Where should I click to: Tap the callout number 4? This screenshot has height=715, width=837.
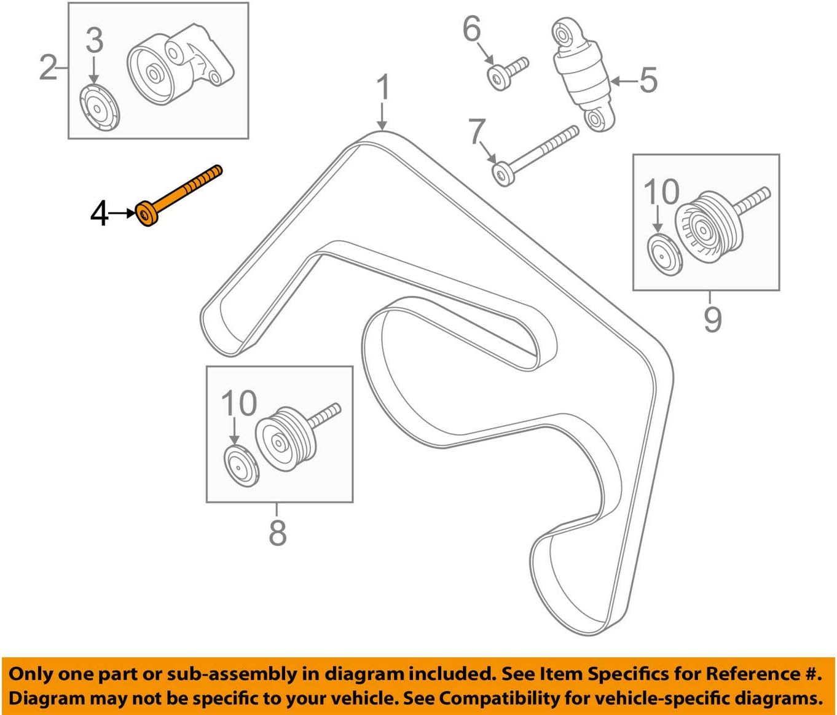point(100,214)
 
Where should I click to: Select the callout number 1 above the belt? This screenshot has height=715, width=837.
point(383,88)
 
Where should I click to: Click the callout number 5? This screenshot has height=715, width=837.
point(648,80)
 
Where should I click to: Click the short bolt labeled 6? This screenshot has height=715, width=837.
point(508,73)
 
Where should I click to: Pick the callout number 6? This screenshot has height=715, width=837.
point(472,29)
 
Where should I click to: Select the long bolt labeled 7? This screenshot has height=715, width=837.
point(535,154)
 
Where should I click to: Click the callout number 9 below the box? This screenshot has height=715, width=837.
point(712,319)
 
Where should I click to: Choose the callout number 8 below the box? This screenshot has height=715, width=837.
point(277,533)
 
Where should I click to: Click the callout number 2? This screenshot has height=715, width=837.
point(48,67)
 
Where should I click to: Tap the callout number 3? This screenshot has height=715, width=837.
point(94,41)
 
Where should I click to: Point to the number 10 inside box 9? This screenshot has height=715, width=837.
point(661,192)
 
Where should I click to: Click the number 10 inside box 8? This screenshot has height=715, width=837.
point(238,404)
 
